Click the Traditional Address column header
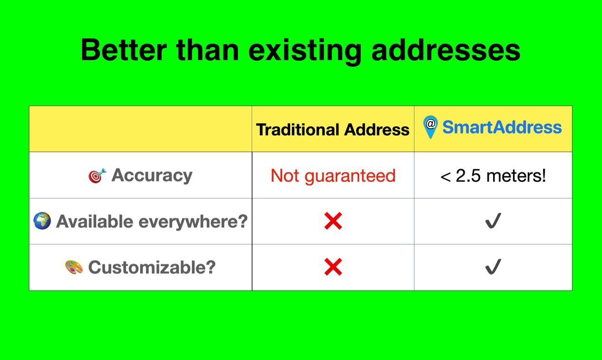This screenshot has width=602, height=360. (x=333, y=129)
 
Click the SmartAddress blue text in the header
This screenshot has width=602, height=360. (x=502, y=127)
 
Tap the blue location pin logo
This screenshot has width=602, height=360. (x=430, y=126)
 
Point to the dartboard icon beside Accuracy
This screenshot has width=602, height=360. (x=97, y=176)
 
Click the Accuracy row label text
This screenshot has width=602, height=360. (x=152, y=175)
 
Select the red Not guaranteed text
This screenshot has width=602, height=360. (x=333, y=176)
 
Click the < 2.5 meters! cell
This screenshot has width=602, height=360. (x=493, y=176)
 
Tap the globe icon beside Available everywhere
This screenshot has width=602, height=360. (x=42, y=221)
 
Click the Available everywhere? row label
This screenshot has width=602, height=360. (x=152, y=221)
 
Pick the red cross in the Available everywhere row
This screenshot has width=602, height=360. (x=333, y=221)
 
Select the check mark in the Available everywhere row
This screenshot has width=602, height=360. (x=493, y=221)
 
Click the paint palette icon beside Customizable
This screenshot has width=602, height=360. (x=74, y=267)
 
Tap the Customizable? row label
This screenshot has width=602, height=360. (x=152, y=267)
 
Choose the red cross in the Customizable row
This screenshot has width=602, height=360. (x=333, y=267)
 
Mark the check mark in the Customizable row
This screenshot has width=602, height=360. (x=493, y=267)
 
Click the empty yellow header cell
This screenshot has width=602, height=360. (x=140, y=129)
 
